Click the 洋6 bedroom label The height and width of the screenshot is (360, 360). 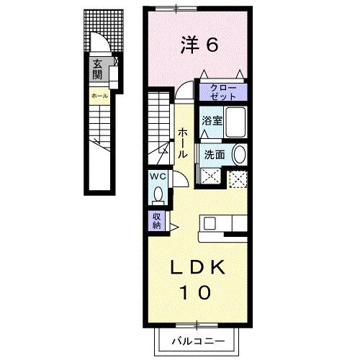pos(199,45)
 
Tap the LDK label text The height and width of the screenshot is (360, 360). pos(197,267)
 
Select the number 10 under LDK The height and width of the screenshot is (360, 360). pos(195,292)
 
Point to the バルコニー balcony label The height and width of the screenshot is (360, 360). pos(198,341)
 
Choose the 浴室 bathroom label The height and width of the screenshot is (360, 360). pos(212,121)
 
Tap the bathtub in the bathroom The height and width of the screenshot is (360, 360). pos(236,122)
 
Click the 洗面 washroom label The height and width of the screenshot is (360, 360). pos(215,155)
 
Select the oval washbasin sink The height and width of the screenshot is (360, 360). pos(240,154)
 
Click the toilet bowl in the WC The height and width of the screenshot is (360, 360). pos(158,195)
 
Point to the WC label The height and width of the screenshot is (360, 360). pos(158,177)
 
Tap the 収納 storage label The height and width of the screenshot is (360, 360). pos(156,221)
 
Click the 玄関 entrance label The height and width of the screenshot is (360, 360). pos(97,69)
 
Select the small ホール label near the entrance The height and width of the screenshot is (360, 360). pos(99,96)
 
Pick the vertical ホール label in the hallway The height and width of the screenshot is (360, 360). pos(183,143)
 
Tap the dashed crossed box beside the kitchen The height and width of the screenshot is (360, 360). pos(238,179)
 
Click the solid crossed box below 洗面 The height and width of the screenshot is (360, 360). pos(210,176)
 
